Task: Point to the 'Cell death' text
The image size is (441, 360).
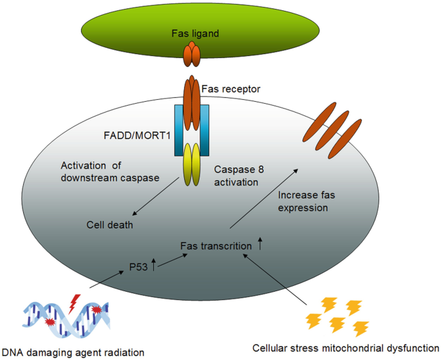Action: point(109,225)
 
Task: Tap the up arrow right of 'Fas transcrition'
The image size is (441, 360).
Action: point(261,244)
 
